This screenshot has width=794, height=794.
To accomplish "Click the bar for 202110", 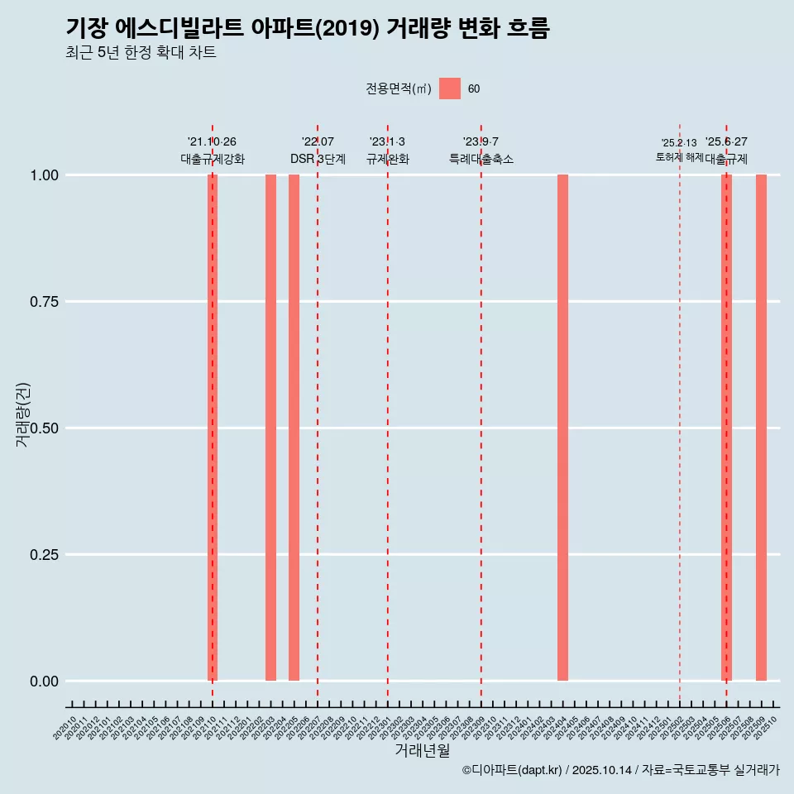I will pos(213,428).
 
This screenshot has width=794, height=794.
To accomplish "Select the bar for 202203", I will pos(270,428).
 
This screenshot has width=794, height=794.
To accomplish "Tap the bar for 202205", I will pos(294,428).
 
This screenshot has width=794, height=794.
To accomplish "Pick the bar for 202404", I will pos(562,428).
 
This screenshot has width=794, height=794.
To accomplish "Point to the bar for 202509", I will pos(761,428).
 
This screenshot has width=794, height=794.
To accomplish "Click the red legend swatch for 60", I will pos(449,88).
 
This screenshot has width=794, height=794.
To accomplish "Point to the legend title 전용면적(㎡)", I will pos(399,88).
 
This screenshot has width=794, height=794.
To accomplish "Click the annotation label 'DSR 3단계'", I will pos(318,159).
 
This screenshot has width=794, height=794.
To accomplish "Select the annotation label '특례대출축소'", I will pos(481,159).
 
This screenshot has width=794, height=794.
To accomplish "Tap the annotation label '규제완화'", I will pos(388,159).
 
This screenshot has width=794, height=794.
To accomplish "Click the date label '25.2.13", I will pos(679,143).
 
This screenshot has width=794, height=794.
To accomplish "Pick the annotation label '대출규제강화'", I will pos(213,159).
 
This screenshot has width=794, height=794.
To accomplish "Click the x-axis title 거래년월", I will pos(422,751).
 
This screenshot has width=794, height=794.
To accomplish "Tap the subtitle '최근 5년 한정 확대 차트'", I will pos(141,53).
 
